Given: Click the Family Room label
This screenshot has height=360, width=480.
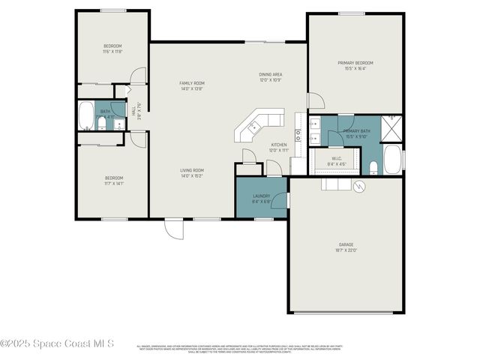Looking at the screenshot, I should click(192, 82).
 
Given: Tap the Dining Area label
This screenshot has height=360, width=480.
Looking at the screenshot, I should click(270, 74).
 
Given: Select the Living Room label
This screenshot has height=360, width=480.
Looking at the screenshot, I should click(192, 170).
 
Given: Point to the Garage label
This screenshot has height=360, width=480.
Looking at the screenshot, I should click(346, 244).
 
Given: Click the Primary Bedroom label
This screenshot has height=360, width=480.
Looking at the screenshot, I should click(355, 63).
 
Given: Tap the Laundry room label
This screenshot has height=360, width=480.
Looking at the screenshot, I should click(261, 196).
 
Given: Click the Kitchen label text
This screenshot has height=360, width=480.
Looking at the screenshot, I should click(279, 145).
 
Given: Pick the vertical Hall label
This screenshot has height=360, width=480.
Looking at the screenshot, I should click(134, 109).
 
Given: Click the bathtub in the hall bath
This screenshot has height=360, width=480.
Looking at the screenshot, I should click(86, 116).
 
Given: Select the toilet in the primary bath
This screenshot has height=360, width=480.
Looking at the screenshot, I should click(373, 166).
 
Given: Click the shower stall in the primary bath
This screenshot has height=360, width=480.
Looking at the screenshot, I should click(392, 127).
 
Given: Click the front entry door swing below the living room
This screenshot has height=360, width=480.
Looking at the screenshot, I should click(174, 229).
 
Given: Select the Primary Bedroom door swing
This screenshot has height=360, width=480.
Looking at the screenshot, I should click(316, 101).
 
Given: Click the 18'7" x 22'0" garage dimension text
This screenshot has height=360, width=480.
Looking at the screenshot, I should click(346, 250).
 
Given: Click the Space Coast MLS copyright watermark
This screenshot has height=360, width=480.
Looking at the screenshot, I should click(57, 343).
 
